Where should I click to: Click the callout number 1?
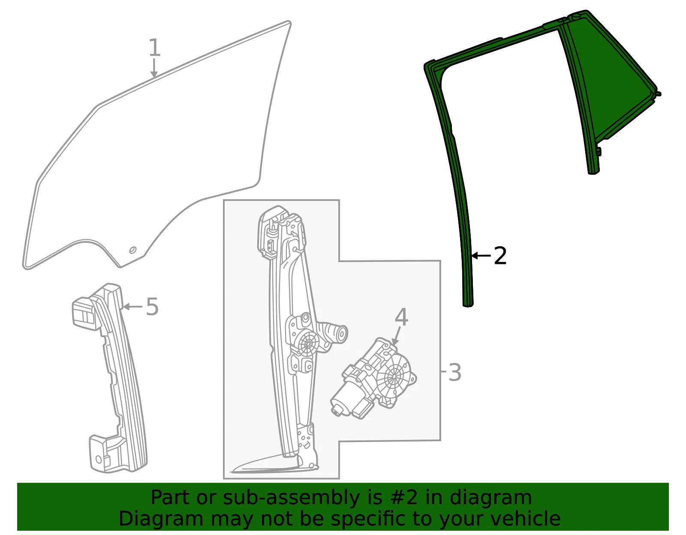coord(154,48)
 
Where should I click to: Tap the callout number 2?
coord(500,256)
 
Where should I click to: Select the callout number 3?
coord(454,373)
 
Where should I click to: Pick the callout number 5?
coord(152,306)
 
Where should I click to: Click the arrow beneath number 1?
coord(154,68)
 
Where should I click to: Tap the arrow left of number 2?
coord(481,256)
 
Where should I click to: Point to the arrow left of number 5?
coord(132,306)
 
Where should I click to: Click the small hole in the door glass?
coord(133,250)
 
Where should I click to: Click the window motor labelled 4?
coord(374,378)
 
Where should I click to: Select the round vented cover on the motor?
coord(395,376)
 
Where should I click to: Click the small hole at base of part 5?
coord(99,459)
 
